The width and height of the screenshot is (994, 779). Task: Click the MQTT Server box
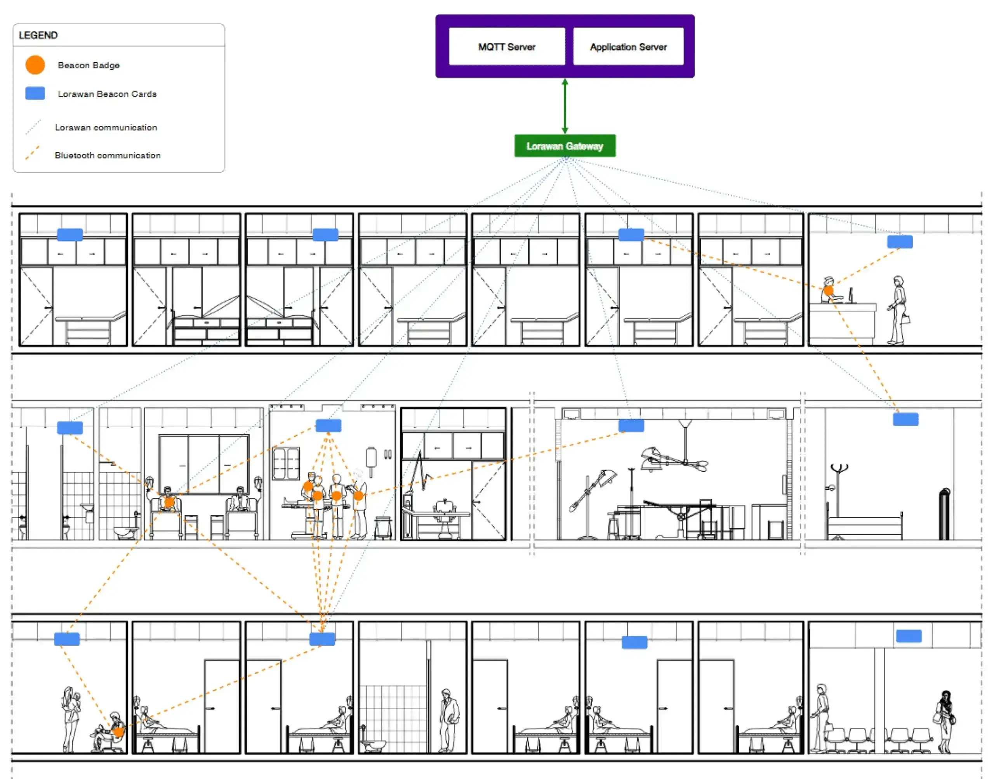(507, 47)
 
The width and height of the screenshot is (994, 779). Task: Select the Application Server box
(628, 47)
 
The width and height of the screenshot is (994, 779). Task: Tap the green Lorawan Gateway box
(565, 146)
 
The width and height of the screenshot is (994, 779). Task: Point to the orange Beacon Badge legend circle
(35, 65)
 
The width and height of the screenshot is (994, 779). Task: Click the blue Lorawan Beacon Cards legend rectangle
(35, 93)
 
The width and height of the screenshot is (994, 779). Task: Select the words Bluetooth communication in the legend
(108, 155)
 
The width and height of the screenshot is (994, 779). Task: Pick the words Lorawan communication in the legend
(106, 127)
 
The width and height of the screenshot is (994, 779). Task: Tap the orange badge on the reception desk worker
(829, 290)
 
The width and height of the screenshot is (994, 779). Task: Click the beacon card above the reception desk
(900, 242)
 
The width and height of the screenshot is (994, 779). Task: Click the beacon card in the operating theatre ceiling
(631, 426)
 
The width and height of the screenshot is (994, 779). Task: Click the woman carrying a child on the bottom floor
(71, 719)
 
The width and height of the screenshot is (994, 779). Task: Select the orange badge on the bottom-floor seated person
(118, 732)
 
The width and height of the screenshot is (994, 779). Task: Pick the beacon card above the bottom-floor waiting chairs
(909, 636)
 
